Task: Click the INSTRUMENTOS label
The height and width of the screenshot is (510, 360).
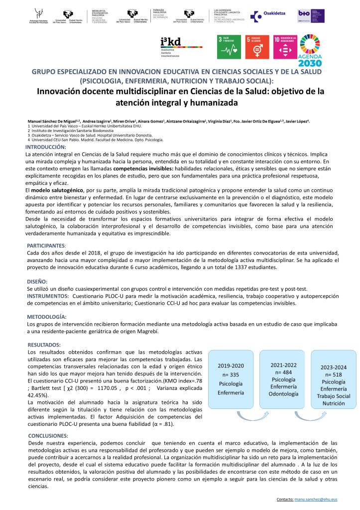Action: click(48, 296)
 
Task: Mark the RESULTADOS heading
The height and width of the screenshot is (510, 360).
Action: click(44, 344)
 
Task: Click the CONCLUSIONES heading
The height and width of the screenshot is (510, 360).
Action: click(48, 435)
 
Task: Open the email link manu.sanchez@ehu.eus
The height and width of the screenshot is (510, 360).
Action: click(315, 499)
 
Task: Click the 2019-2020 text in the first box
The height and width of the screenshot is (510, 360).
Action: click(231, 366)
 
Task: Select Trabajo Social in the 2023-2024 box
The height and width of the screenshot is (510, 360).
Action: click(333, 396)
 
